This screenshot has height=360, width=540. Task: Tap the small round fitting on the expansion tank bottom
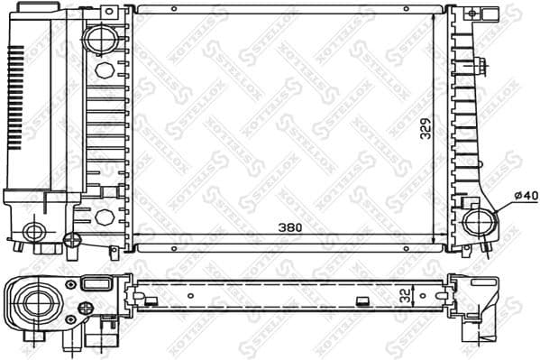coord(34,232)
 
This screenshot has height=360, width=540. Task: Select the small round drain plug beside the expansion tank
coord(73,239)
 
